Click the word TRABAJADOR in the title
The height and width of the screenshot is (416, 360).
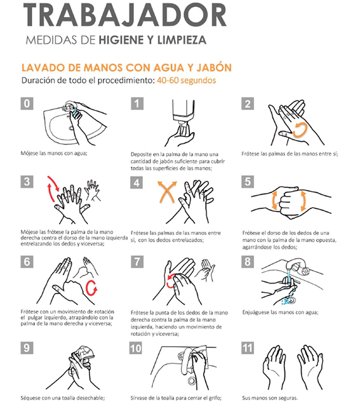pos(125,15)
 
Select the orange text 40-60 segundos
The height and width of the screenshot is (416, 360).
pos(186,81)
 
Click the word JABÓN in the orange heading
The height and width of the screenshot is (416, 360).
pos(214,67)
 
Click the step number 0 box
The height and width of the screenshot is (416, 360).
pos(27,104)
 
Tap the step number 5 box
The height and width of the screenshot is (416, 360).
pos(248,182)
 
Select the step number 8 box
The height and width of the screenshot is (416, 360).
pos(248,262)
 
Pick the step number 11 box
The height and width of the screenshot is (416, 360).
pos(248,348)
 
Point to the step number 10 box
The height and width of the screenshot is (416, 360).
pos(136,348)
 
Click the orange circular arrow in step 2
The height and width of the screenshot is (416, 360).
pos(300,130)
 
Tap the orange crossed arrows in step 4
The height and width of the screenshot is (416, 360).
pos(167,192)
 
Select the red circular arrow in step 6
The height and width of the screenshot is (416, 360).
pos(91,288)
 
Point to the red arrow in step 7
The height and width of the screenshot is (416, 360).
pos(171,281)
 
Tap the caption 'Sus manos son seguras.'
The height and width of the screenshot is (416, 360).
pos(270,398)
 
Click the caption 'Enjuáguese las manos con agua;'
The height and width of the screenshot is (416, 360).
pos(280,312)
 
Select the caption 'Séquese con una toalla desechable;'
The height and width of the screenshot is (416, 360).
pos(63,398)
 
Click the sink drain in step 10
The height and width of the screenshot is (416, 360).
pos(192,380)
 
